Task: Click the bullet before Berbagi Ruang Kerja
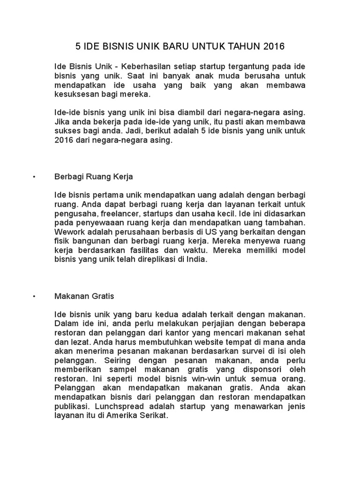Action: click(35, 177)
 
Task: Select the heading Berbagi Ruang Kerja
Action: click(94, 177)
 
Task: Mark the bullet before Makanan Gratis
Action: click(35, 297)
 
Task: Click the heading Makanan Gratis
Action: click(84, 297)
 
